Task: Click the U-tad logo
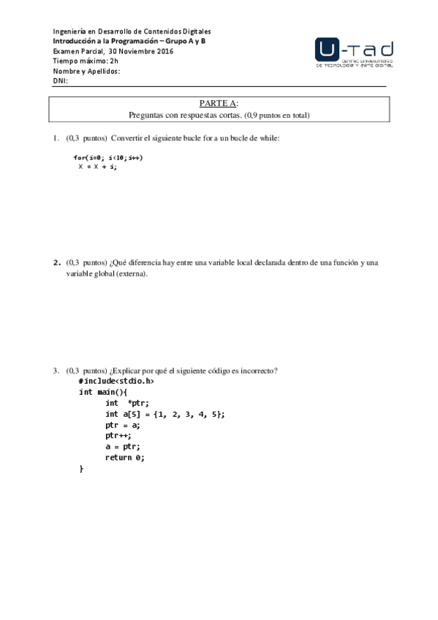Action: (x=354, y=53)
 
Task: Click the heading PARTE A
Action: (x=218, y=104)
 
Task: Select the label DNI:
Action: (x=60, y=81)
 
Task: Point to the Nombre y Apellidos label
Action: (x=86, y=71)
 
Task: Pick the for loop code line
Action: (x=107, y=157)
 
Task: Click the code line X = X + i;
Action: (x=97, y=167)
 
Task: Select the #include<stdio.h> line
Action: (x=116, y=381)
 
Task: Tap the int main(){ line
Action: (x=102, y=392)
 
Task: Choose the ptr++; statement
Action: (x=118, y=436)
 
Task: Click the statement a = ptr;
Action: (x=122, y=447)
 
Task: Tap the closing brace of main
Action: (x=81, y=469)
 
